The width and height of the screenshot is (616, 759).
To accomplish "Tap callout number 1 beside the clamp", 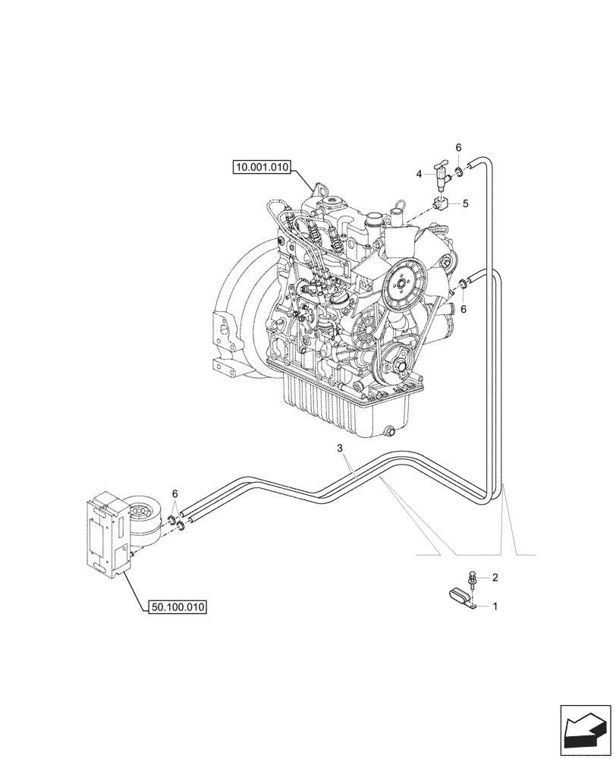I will coord(495,606).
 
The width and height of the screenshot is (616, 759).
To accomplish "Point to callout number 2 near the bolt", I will coord(495,578).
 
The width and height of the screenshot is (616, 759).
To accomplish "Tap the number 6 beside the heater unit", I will coord(176,493).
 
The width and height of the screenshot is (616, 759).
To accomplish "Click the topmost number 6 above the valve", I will coord(458,146).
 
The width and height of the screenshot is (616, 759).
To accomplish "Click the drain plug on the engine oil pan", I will coord(389,433).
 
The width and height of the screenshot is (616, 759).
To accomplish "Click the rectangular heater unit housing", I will coord(104,536).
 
